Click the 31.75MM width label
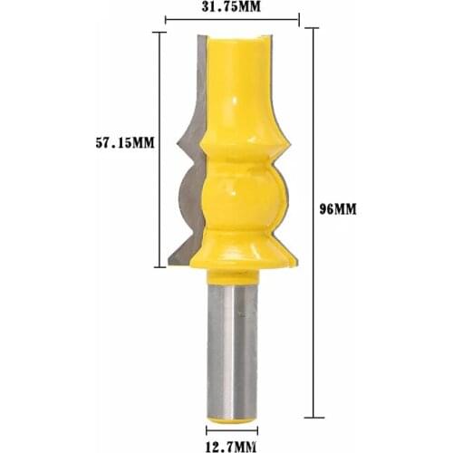(231, 7)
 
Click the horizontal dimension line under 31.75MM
(232, 19)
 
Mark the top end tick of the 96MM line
(313, 29)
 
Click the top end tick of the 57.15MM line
(159, 33)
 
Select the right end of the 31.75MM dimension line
(297, 19)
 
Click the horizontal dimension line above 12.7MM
(232, 425)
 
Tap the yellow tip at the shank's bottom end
(233, 414)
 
